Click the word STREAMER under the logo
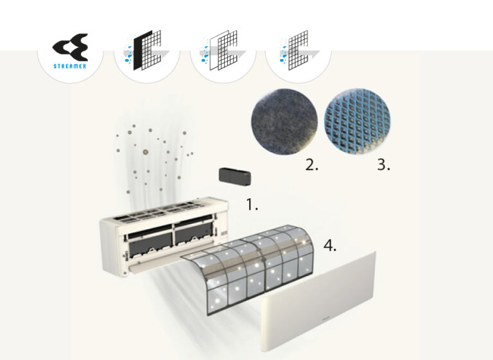[70, 66]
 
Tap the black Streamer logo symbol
[70, 47]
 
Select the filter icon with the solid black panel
[147, 50]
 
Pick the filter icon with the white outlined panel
[223, 50]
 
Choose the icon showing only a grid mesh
[298, 50]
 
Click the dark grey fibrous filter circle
[284, 122]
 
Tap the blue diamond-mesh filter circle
[357, 121]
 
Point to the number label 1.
[252, 205]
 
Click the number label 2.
[311, 165]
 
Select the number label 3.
[384, 164]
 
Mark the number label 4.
[330, 245]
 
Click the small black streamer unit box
[235, 176]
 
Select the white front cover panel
[318, 301]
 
